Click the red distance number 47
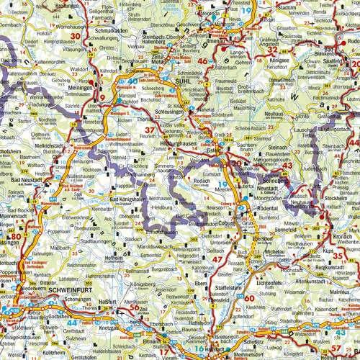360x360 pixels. tap(216, 259)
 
